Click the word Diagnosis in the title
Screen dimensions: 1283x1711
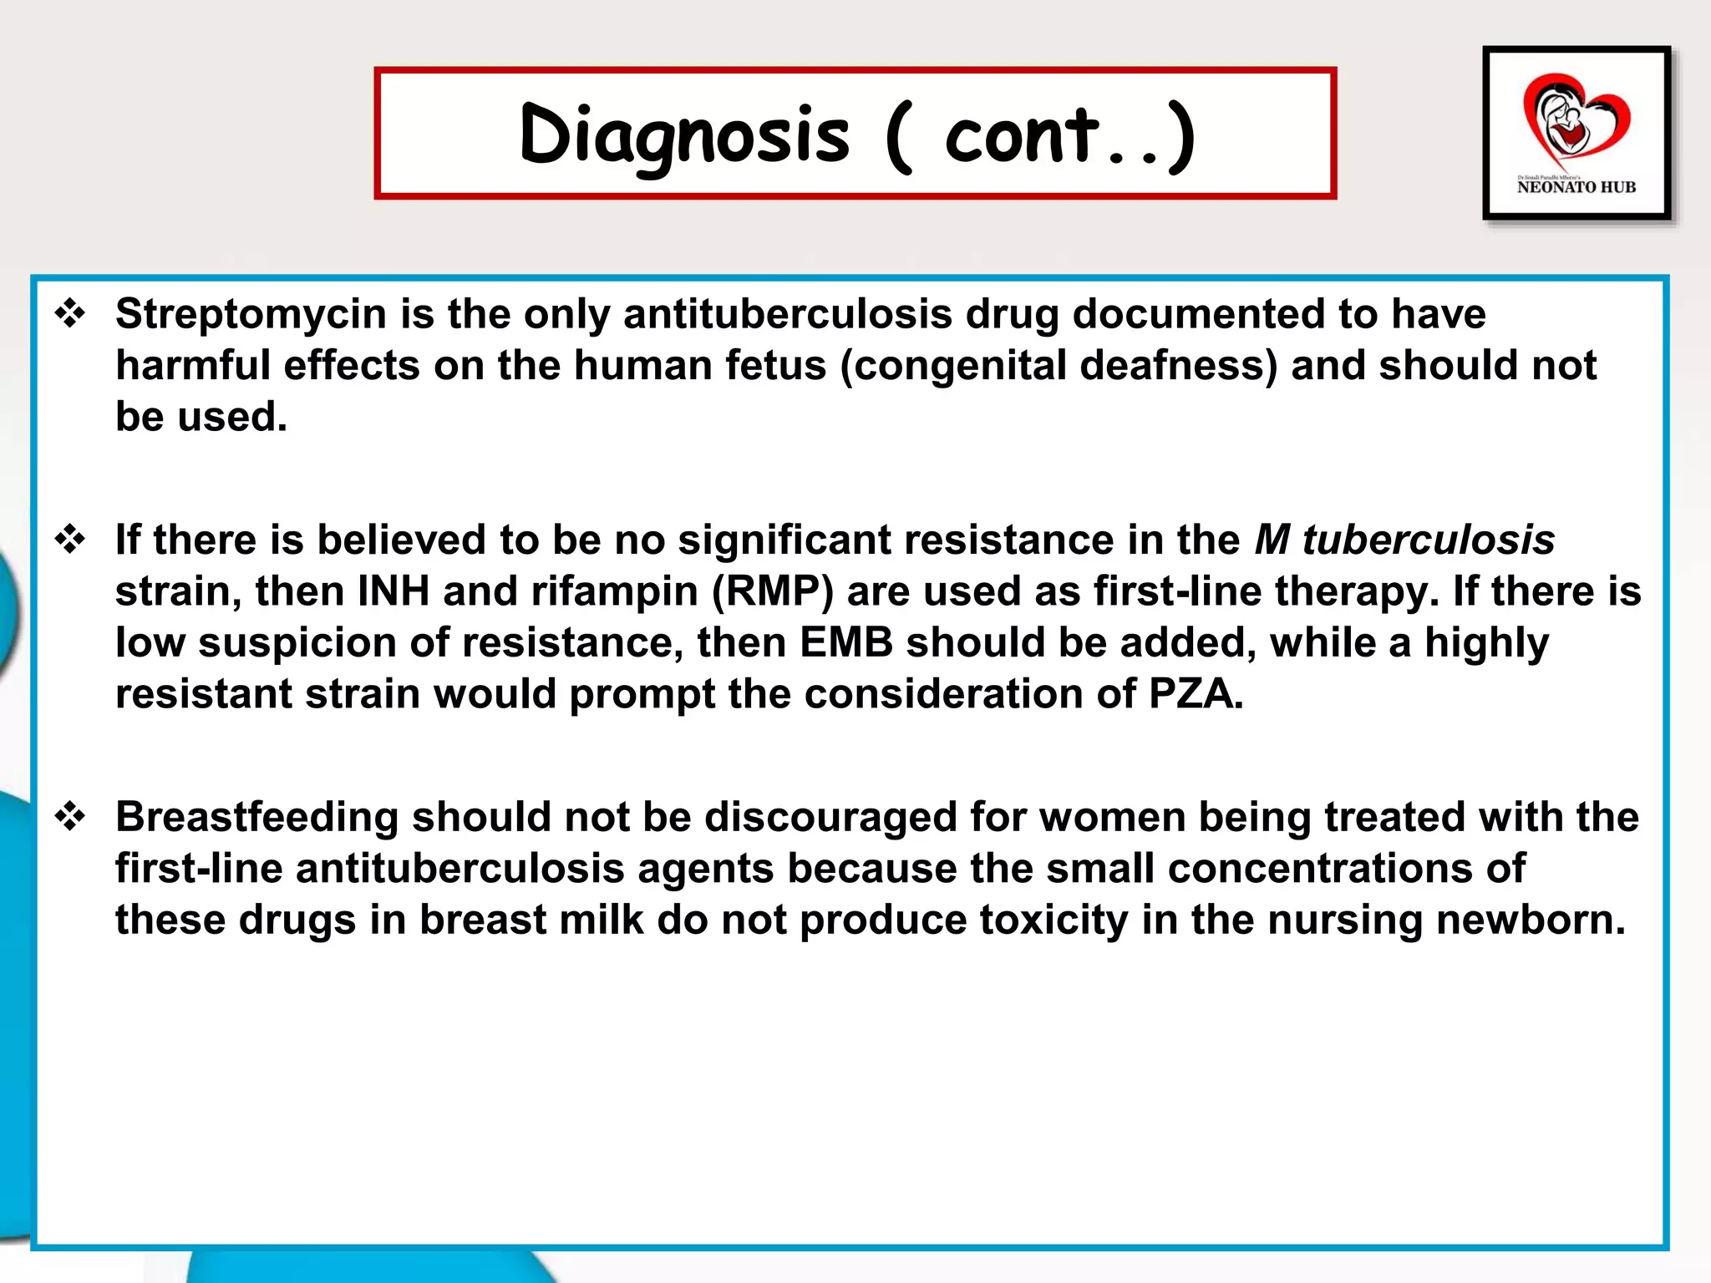click(x=683, y=135)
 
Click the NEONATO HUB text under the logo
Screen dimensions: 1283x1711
click(x=1576, y=187)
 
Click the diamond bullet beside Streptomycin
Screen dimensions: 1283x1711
click(x=70, y=314)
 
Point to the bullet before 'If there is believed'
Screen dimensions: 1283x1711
click(x=70, y=540)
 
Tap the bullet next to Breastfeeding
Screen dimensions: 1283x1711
click(x=70, y=817)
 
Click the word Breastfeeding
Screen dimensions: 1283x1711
click(x=256, y=817)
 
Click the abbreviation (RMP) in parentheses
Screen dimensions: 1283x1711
click(x=772, y=591)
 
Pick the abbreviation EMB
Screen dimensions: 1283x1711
click(x=845, y=643)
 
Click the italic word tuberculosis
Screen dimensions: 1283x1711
click(x=1428, y=540)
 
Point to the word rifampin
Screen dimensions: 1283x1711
click(x=614, y=591)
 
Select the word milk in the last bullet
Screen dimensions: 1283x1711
click(x=601, y=920)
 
